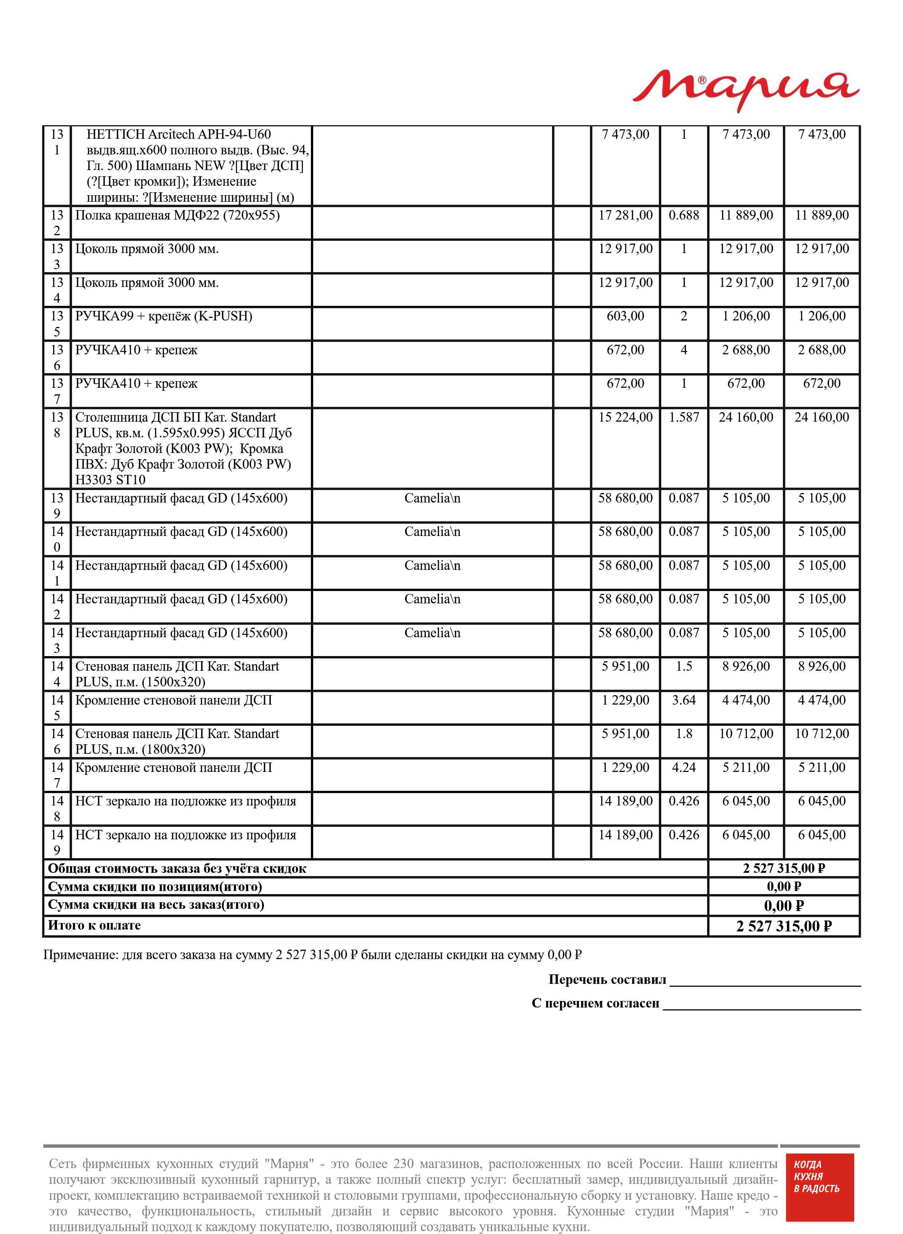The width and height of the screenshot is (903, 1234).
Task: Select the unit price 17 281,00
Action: point(625,215)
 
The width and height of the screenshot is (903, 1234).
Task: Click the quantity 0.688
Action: point(683,215)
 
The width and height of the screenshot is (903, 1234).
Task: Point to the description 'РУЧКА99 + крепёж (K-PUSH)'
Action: point(163,316)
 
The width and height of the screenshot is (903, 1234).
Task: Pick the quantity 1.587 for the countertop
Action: point(683,418)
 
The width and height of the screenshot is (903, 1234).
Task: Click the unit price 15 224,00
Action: point(625,418)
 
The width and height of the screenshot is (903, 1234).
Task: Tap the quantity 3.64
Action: point(683,700)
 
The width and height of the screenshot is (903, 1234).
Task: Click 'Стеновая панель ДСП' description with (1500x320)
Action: point(177,674)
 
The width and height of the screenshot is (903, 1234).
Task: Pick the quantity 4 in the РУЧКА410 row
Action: point(683,350)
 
